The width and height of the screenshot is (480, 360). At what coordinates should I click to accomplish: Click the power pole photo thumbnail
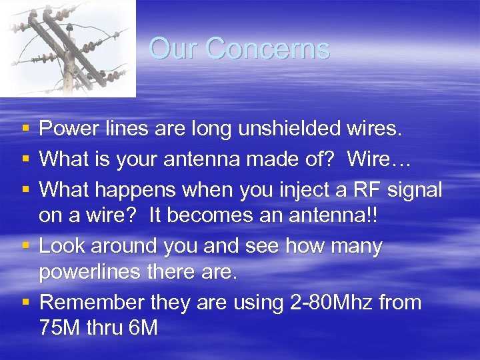(x=67, y=48)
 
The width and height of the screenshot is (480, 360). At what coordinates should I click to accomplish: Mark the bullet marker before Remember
(x=25, y=302)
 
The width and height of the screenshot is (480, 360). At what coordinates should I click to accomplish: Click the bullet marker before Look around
(x=25, y=246)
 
